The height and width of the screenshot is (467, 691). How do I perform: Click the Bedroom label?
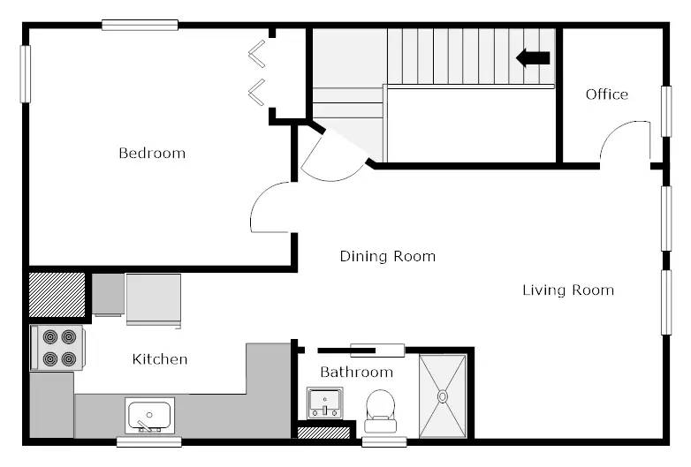(152, 154)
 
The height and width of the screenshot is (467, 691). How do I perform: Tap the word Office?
(607, 94)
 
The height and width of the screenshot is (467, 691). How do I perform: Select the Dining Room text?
(388, 256)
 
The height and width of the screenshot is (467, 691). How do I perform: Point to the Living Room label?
(568, 290)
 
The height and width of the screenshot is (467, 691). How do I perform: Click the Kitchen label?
(160, 359)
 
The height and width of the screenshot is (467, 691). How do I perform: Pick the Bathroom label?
(356, 373)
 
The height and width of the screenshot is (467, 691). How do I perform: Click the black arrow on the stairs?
(533, 58)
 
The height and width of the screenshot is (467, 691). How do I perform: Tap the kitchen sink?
(149, 416)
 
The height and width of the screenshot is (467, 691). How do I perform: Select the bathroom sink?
(325, 403)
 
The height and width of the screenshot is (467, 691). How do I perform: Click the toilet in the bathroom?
(380, 411)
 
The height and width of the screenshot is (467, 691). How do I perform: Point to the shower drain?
(443, 396)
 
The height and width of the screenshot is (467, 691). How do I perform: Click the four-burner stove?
(57, 348)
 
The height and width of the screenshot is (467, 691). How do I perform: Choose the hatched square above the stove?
(57, 295)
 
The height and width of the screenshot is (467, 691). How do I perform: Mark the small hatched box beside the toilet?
(323, 433)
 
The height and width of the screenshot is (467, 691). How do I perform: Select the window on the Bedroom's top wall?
(140, 25)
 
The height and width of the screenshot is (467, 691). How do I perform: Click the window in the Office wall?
(666, 111)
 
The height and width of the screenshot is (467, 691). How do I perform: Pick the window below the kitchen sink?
(149, 441)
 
